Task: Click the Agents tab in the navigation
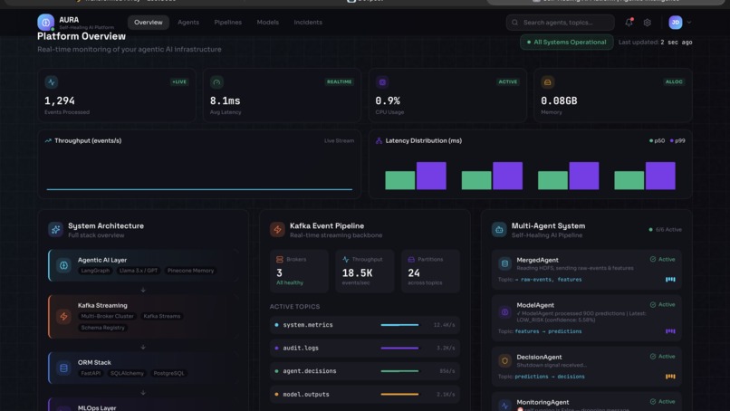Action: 188,23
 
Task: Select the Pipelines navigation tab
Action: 227,23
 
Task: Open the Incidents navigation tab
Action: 308,23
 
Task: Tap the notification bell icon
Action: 629,23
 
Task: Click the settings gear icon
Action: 647,23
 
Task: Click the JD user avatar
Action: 675,23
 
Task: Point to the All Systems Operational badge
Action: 566,43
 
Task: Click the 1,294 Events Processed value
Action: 60,101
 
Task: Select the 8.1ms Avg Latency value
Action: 226,101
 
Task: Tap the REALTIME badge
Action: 339,81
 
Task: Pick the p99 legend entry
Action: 677,141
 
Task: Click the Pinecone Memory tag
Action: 190,271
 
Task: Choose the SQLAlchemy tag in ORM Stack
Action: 127,373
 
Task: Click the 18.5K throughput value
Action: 358,272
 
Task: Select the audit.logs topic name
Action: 301,348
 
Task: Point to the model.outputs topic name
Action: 306,394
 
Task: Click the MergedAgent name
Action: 537,260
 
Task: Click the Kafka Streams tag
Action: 162,316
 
